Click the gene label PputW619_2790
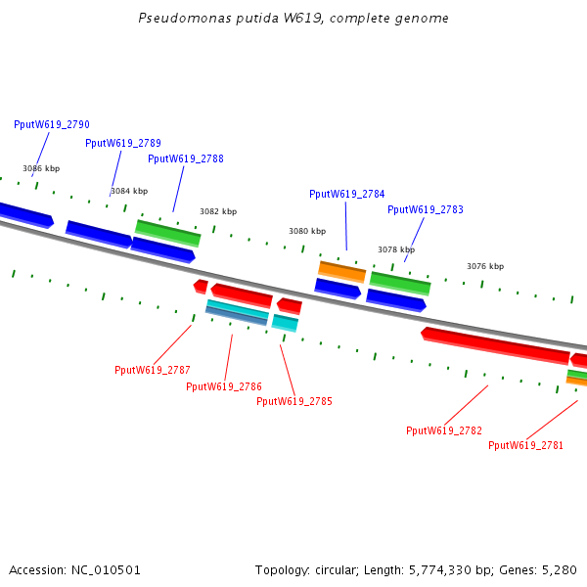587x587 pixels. (x=52, y=124)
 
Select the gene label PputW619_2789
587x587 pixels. (x=123, y=143)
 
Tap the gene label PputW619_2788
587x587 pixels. (x=186, y=158)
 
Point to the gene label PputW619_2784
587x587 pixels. (x=347, y=194)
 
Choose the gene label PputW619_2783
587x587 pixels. (x=426, y=209)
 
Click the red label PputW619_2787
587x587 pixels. (x=153, y=370)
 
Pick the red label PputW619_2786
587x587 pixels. (x=224, y=386)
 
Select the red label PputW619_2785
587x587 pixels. (x=294, y=401)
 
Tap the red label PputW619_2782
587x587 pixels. (x=444, y=430)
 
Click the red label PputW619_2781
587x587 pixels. (x=525, y=445)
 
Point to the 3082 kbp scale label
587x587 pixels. (x=218, y=211)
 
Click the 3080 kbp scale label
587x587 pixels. (x=307, y=231)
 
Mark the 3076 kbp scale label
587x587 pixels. (x=485, y=266)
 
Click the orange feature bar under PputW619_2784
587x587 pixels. (x=341, y=272)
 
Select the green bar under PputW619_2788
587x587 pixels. (x=167, y=233)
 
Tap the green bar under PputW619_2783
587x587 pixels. (x=400, y=284)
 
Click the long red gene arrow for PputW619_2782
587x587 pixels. (x=495, y=345)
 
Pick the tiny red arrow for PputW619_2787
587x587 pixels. (x=201, y=287)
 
